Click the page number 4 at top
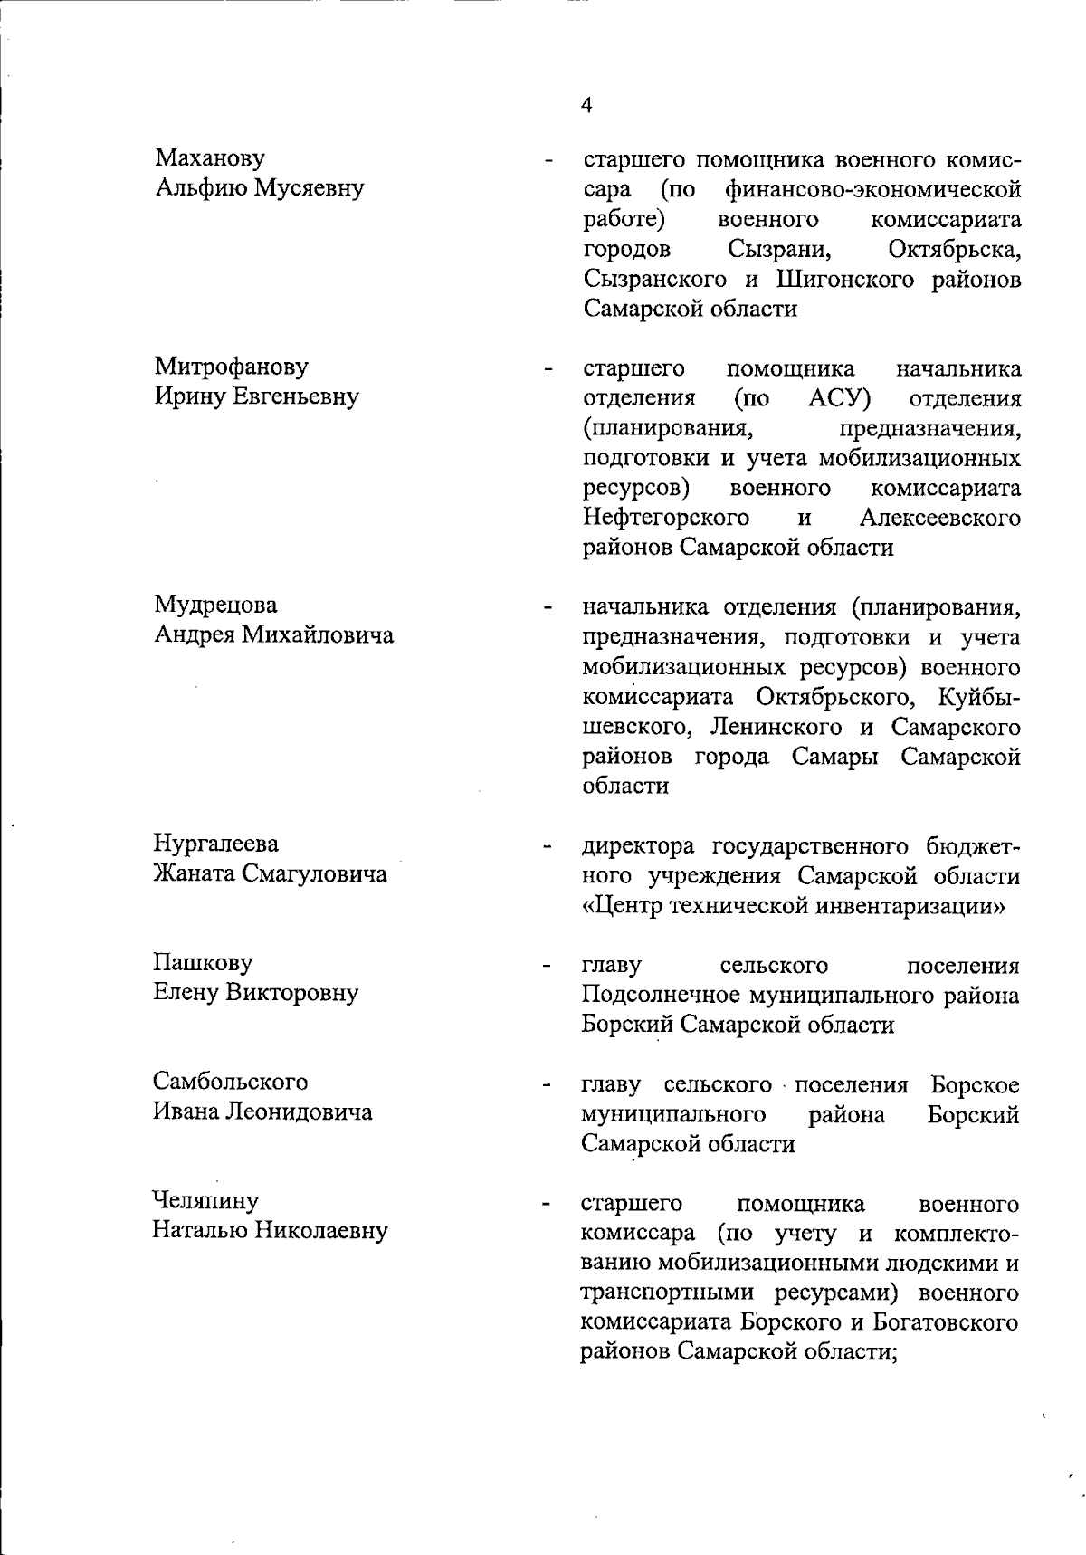coord(586,106)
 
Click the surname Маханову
coord(210,158)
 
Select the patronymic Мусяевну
coord(312,188)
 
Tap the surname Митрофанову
coord(231,367)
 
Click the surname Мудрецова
coord(215,605)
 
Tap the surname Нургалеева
coord(215,844)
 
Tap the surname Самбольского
coord(231,1082)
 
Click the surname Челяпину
coord(205,1201)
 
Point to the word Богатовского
coord(946,1321)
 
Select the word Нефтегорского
coord(666,519)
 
